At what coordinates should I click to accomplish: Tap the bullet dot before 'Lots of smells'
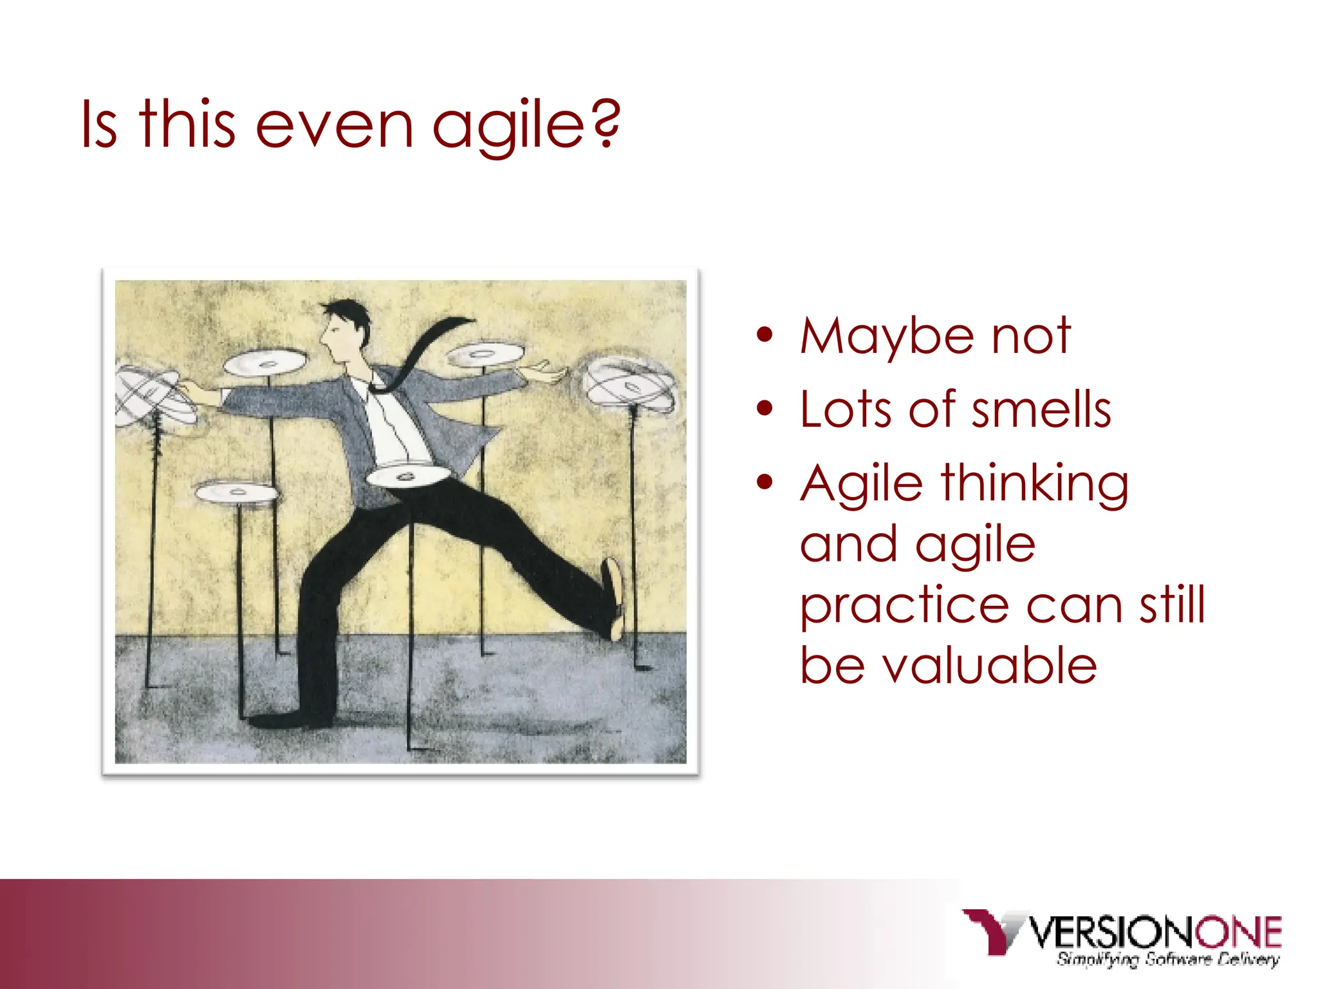(x=765, y=408)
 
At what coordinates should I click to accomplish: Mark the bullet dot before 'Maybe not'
(x=765, y=335)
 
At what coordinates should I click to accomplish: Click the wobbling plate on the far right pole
(x=629, y=384)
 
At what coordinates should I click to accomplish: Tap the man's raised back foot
(x=614, y=599)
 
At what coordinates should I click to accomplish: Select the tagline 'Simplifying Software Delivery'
(x=1167, y=959)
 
